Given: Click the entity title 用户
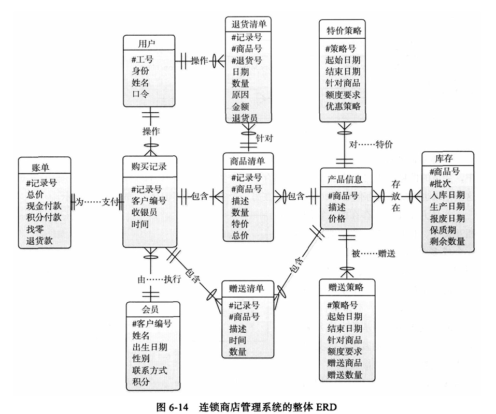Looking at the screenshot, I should pyautogui.click(x=147, y=44).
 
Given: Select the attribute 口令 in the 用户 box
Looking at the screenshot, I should pyautogui.click(x=140, y=94).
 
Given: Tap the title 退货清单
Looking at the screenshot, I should pyautogui.click(x=248, y=24).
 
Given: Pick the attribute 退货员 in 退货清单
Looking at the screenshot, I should pyautogui.click(x=245, y=118).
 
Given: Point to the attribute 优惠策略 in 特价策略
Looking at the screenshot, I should pyautogui.click(x=343, y=106).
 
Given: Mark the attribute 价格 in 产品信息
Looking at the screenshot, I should pyautogui.click(x=337, y=218).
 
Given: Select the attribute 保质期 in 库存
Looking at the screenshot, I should pyautogui.click(x=444, y=229).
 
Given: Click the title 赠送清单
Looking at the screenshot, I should pyautogui.click(x=246, y=288).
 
